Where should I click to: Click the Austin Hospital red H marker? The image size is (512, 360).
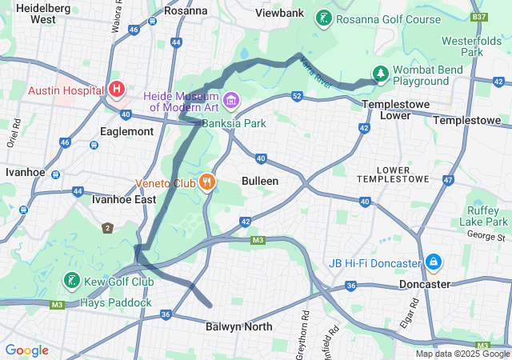coord(117,88)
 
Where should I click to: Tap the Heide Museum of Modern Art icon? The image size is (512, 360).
coord(232,100)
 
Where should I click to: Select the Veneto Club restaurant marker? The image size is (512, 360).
coord(208,182)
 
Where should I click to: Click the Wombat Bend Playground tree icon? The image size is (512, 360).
coord(381,74)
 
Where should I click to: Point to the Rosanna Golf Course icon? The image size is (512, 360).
coord(323,18)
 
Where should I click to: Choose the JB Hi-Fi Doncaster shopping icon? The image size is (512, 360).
coord(433,262)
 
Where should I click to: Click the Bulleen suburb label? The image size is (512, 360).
coord(260,181)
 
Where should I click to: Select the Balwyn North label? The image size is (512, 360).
coord(238,326)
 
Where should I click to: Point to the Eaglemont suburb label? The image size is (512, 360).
coord(127,130)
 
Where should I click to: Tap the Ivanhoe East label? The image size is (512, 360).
coord(123,199)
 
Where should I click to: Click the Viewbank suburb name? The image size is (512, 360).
coord(280,13)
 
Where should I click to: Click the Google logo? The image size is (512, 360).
coord(26,350)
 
